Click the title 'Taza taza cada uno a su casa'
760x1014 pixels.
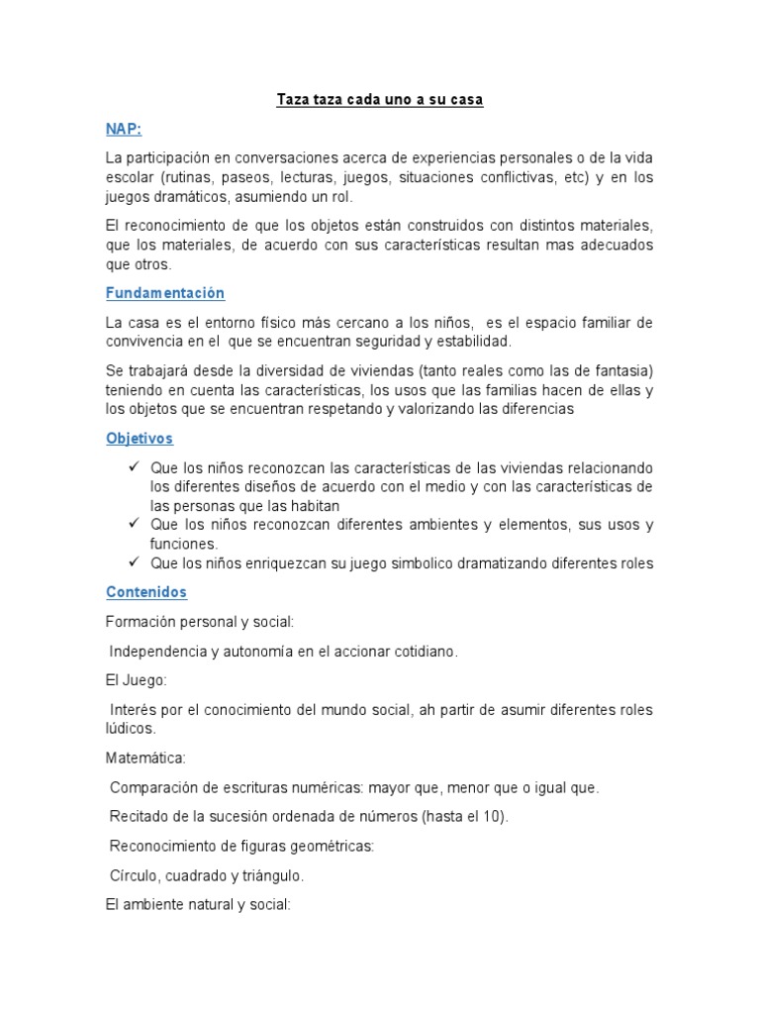(x=378, y=101)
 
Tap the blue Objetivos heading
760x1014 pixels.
(x=140, y=438)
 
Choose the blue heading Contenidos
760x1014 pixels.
(x=145, y=592)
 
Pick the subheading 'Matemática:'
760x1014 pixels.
(x=145, y=759)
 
